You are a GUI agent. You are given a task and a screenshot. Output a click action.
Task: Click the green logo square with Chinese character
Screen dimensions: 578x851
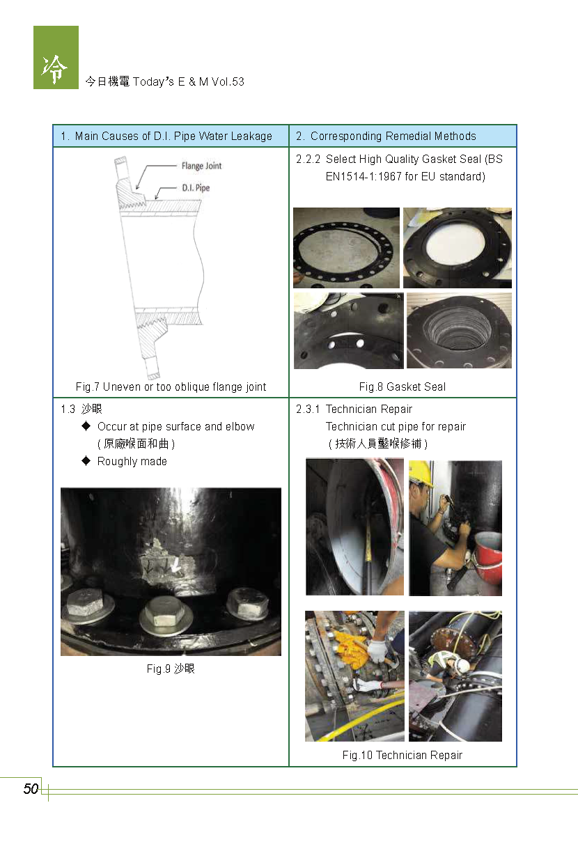point(56,57)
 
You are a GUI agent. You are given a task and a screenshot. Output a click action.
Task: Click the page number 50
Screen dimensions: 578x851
point(31,789)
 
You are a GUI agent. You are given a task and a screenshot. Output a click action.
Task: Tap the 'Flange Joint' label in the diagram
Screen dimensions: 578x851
point(201,166)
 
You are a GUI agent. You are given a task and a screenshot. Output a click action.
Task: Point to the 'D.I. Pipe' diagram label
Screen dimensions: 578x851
point(196,187)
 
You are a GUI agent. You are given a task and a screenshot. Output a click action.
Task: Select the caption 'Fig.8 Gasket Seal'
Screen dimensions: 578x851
point(403,387)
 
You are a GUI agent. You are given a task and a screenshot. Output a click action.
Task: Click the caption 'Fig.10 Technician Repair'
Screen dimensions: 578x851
point(402,755)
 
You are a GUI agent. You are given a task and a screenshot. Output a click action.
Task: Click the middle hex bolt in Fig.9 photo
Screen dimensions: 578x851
point(165,612)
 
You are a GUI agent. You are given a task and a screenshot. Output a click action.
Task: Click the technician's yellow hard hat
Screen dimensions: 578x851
point(421,474)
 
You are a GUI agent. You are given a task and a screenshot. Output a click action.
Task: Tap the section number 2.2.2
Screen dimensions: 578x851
point(308,159)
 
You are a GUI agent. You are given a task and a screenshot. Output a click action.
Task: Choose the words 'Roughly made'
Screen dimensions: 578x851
point(132,461)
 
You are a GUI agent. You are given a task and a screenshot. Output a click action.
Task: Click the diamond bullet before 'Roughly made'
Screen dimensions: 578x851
point(86,461)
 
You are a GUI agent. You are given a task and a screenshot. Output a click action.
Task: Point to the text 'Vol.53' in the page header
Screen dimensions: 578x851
point(228,81)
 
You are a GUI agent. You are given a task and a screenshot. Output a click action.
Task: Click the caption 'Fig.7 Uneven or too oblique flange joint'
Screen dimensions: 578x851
point(171,387)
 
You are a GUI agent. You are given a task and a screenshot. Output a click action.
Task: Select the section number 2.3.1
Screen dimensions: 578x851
point(308,409)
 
